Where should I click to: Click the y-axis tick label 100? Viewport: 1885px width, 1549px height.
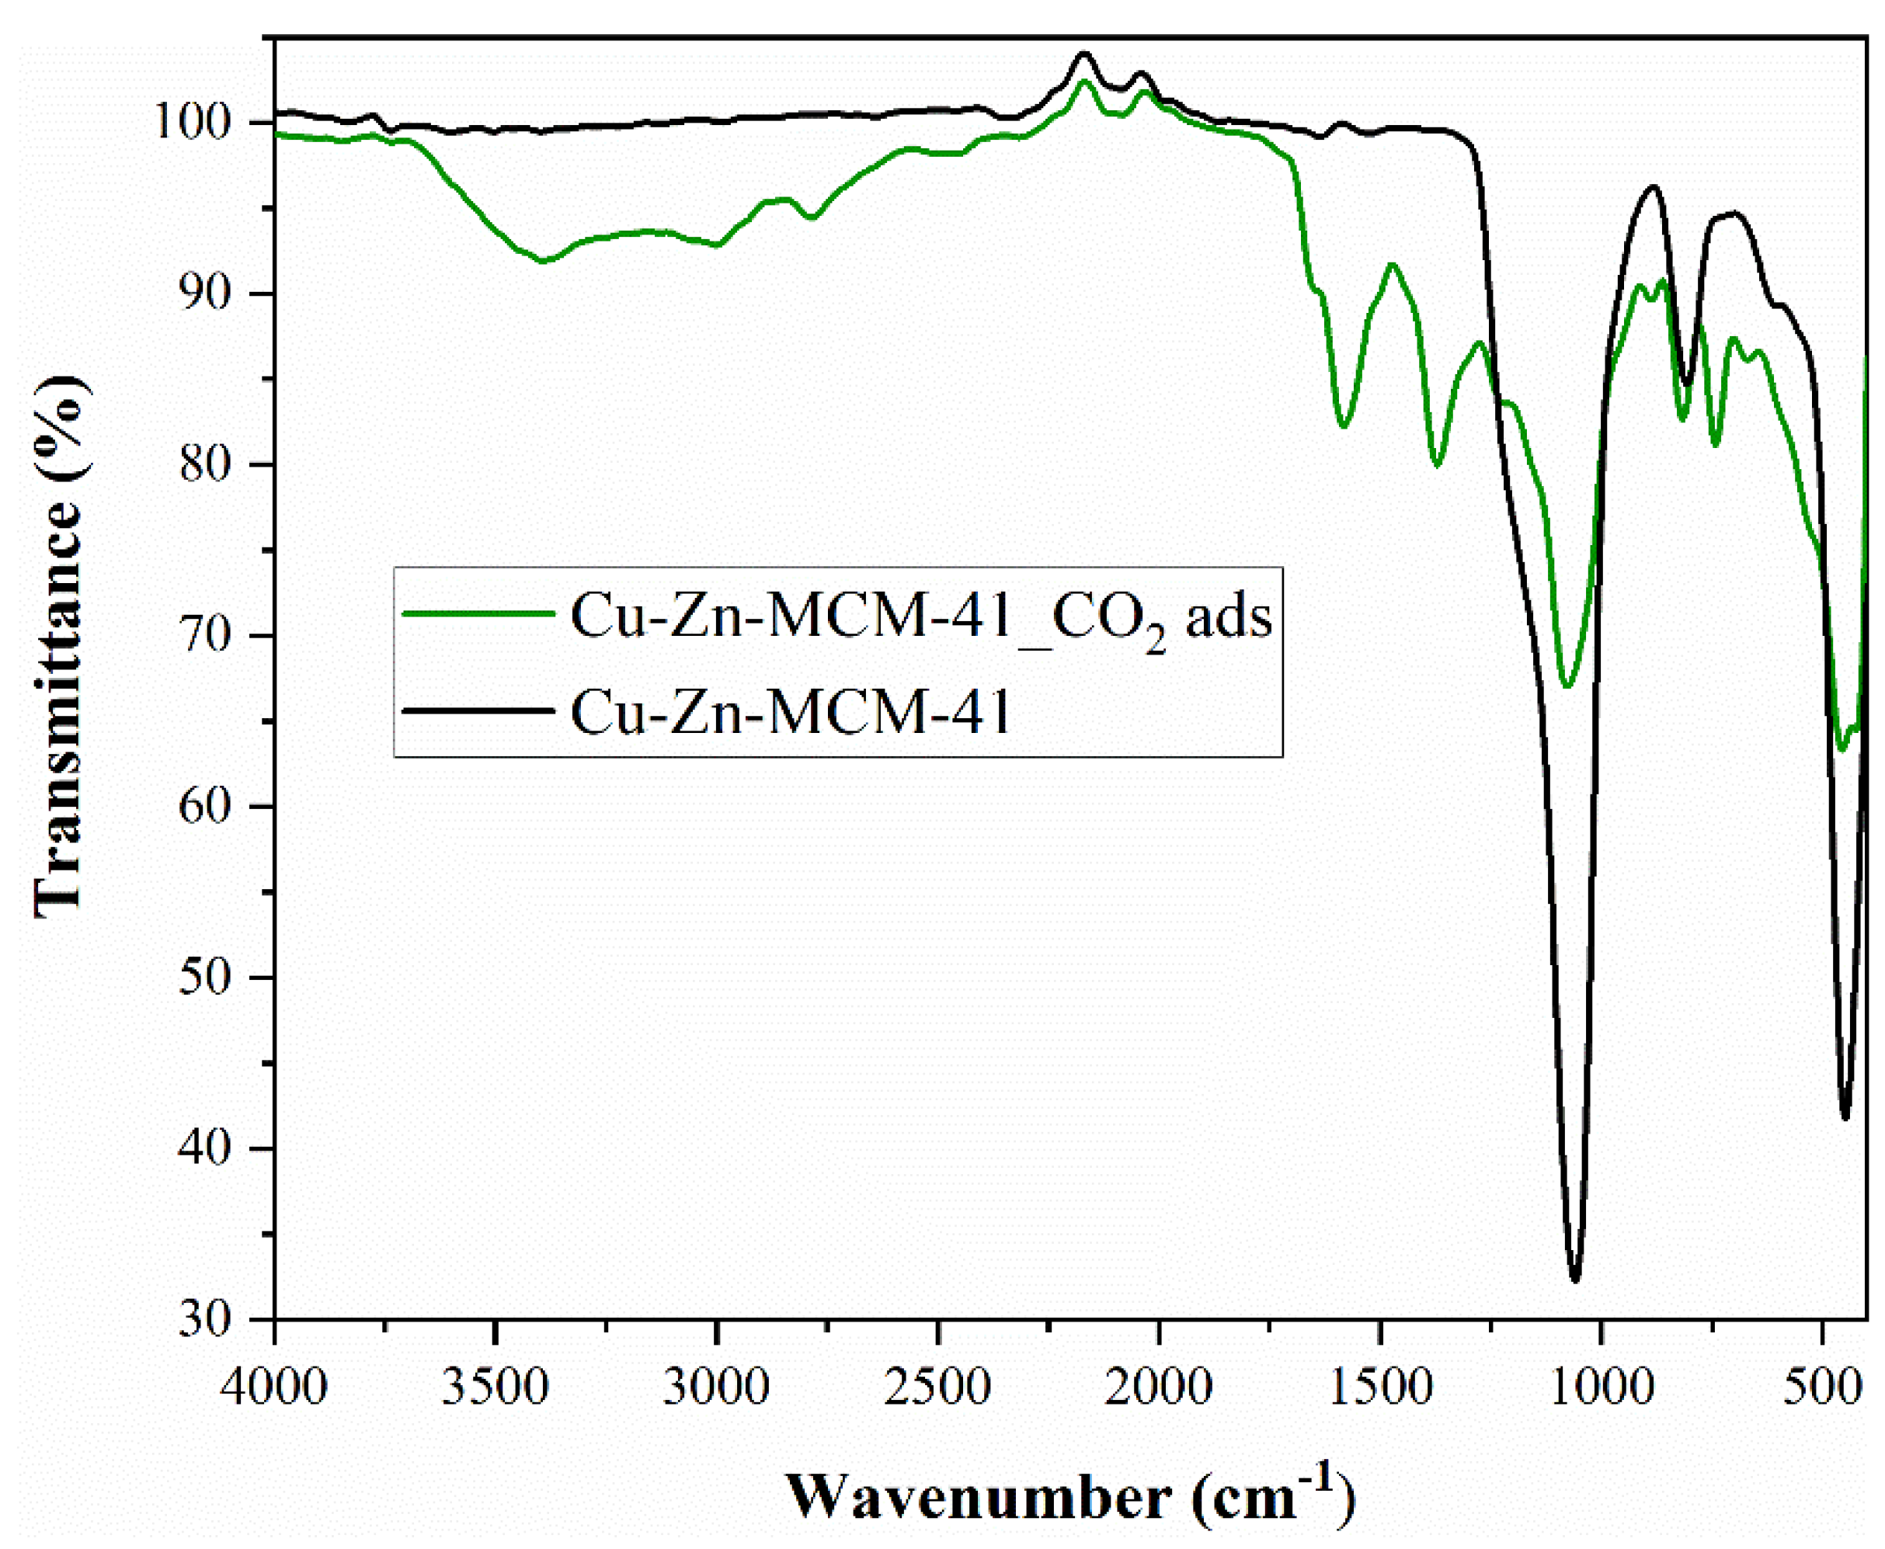(x=208, y=123)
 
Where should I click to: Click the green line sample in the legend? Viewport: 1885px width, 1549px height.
(x=478, y=613)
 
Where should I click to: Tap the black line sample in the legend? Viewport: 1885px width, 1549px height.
(x=478, y=711)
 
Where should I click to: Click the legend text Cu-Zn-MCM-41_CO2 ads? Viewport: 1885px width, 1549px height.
(x=920, y=616)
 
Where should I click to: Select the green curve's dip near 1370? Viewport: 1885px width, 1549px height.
(x=1437, y=465)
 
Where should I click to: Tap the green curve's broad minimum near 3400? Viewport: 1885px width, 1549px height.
(x=542, y=262)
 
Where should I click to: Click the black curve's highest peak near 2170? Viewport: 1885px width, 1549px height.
(x=1084, y=54)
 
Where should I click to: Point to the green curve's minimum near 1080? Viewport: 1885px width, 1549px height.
(x=1567, y=686)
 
